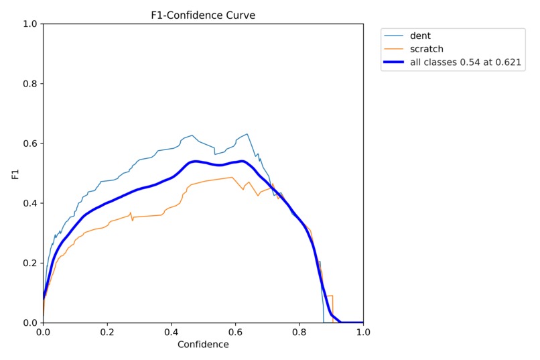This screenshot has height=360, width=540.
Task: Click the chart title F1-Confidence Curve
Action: pyautogui.click(x=203, y=15)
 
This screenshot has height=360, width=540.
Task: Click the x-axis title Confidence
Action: pyautogui.click(x=203, y=345)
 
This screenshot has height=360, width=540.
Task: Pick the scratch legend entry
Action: pyautogui.click(x=427, y=49)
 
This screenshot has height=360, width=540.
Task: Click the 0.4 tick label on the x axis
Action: pyautogui.click(x=171, y=331)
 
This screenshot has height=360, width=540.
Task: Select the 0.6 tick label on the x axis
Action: pyautogui.click(x=235, y=331)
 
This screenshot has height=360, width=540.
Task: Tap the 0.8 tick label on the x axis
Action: pyautogui.click(x=299, y=331)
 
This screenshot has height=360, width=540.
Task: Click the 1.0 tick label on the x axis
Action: pyautogui.click(x=363, y=331)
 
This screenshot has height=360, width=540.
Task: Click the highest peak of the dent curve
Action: pyautogui.click(x=247, y=134)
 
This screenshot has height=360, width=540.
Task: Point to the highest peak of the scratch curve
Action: pyautogui.click(x=232, y=177)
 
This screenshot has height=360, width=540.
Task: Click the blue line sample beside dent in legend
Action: pyautogui.click(x=395, y=36)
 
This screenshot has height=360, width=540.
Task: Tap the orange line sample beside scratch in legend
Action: pyautogui.click(x=395, y=49)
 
